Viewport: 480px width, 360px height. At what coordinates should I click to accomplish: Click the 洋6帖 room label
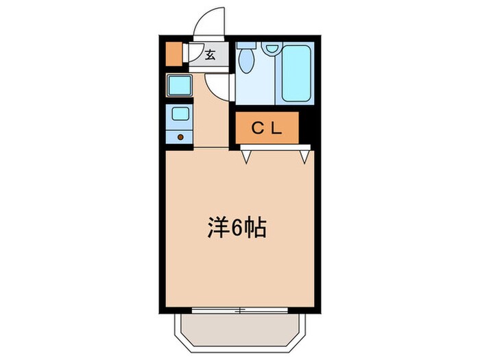tap(235, 229)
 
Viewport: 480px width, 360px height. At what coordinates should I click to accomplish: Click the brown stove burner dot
tap(181, 136)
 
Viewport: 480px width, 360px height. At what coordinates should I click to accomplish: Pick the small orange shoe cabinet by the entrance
tap(175, 53)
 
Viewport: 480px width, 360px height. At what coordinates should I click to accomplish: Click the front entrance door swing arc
tap(209, 24)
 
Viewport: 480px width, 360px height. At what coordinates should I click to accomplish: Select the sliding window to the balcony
tap(240, 310)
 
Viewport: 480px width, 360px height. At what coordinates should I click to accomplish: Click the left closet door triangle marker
tap(245, 157)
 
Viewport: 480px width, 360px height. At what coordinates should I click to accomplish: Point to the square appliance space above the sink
tap(180, 86)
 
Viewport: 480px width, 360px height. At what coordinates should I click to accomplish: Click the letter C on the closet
tap(256, 128)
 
